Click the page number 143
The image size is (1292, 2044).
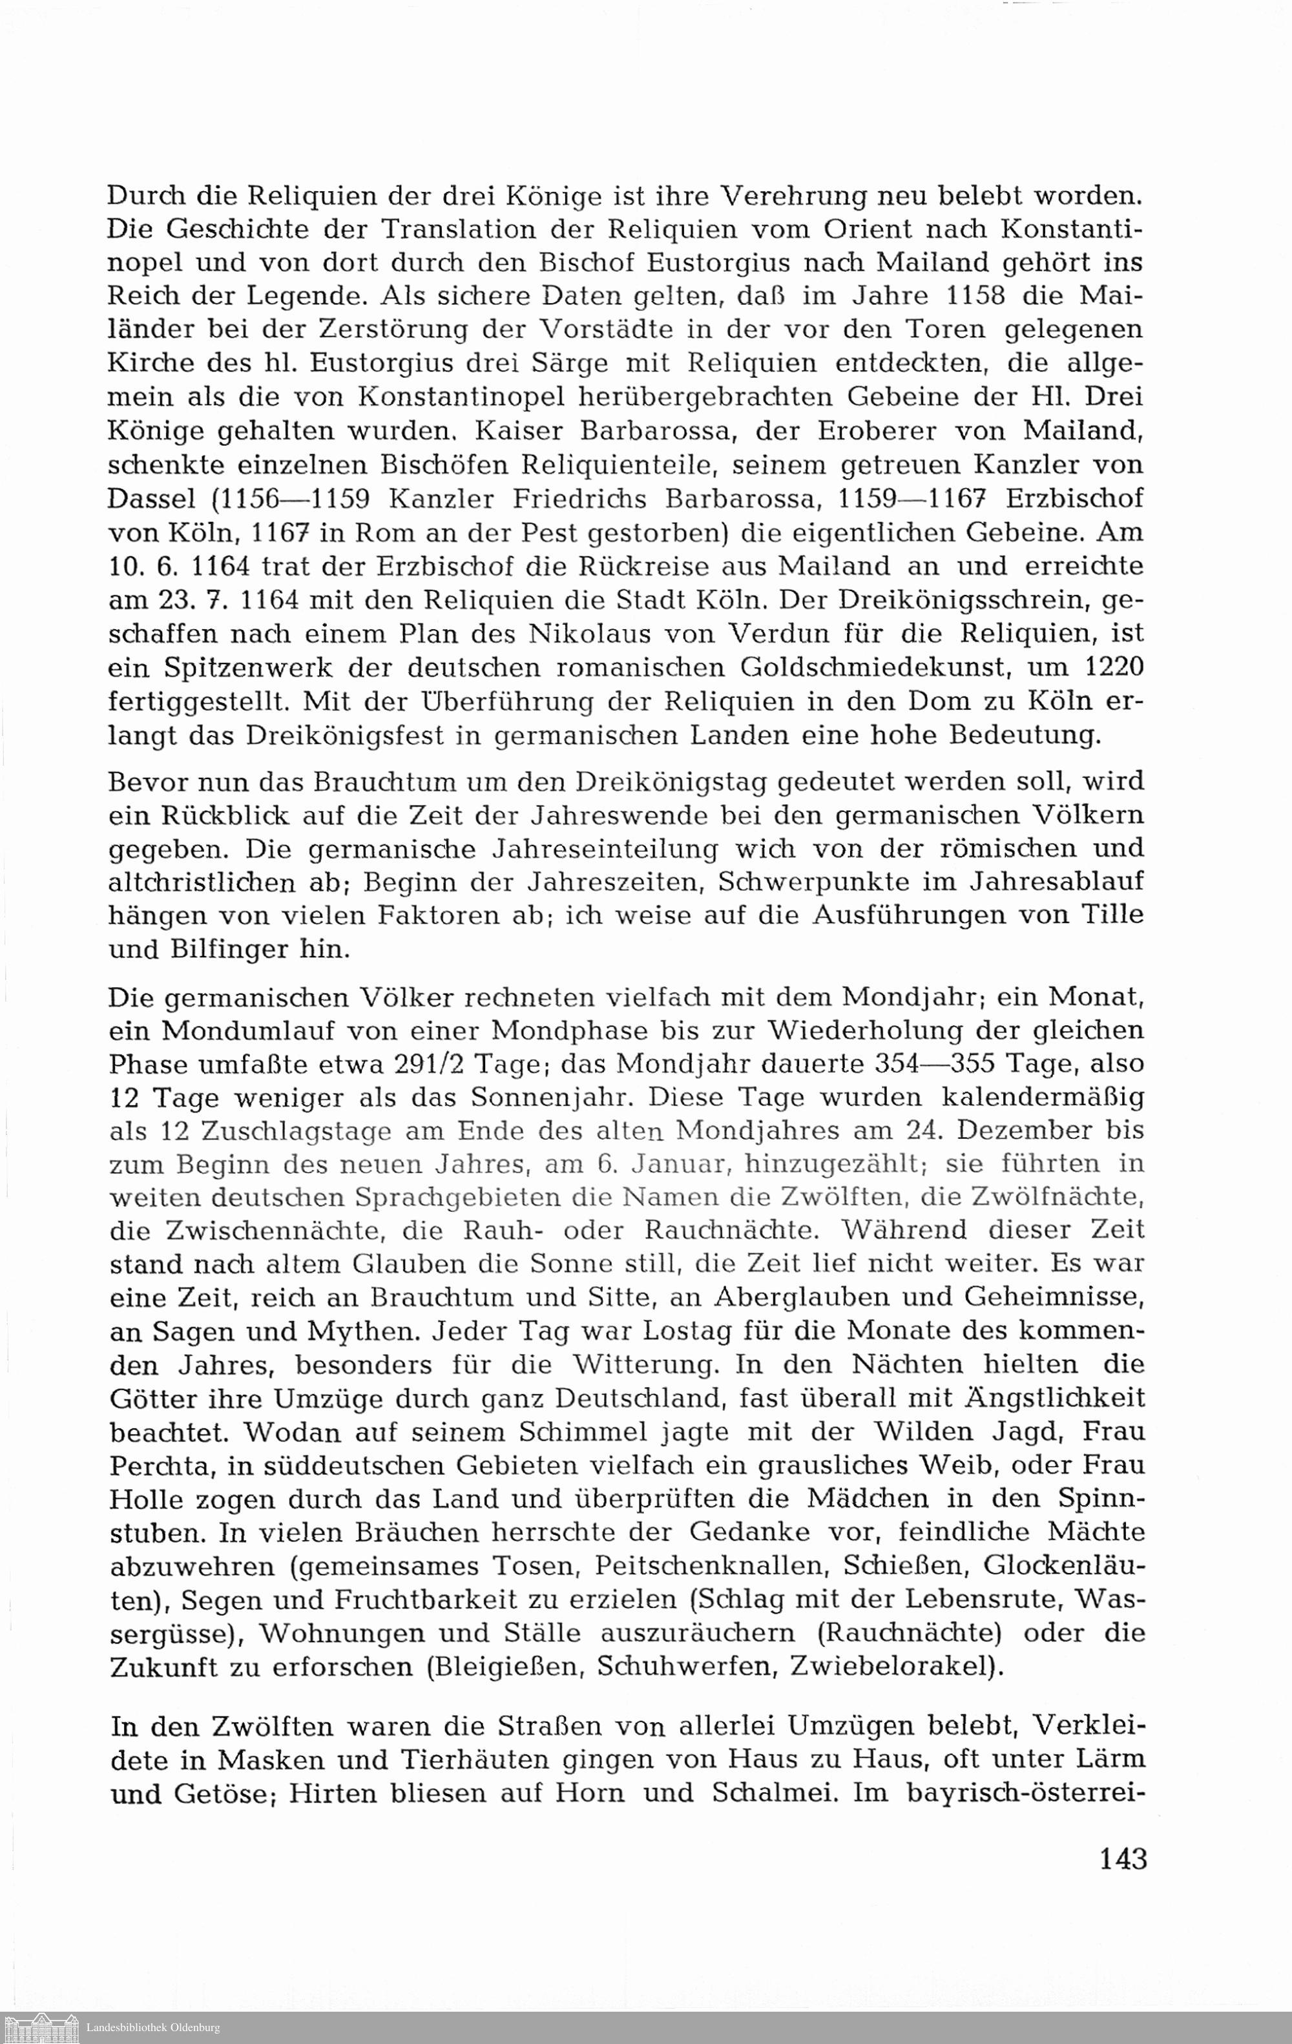coord(1123,1859)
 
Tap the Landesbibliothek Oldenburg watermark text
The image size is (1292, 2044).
coord(153,2028)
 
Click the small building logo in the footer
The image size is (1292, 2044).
coord(41,2028)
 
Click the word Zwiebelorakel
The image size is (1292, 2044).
coord(890,1667)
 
